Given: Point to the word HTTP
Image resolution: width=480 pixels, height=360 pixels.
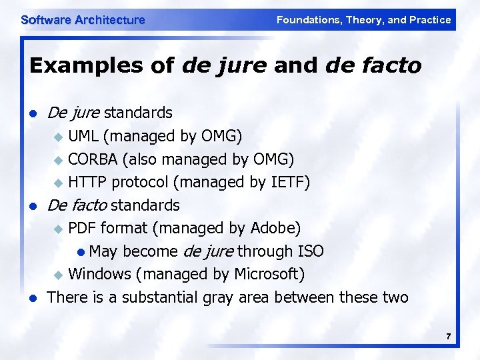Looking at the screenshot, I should [x=88, y=182].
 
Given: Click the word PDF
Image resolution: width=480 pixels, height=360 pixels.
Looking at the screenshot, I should [x=83, y=228].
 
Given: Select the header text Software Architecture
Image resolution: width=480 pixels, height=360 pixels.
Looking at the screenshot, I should [x=83, y=20].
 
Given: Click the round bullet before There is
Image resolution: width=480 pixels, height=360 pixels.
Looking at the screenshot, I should [x=33, y=298].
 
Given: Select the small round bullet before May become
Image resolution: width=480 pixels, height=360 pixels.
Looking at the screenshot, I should [x=81, y=252].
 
